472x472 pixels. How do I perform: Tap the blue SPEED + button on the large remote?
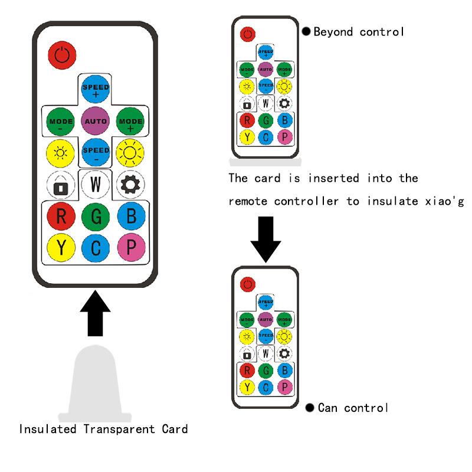[x=96, y=90]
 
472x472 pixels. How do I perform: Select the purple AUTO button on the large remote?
[x=96, y=121]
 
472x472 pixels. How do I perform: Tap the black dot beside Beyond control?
[x=306, y=32]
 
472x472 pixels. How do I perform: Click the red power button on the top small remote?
[x=248, y=33]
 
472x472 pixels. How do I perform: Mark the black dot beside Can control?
[x=310, y=408]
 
